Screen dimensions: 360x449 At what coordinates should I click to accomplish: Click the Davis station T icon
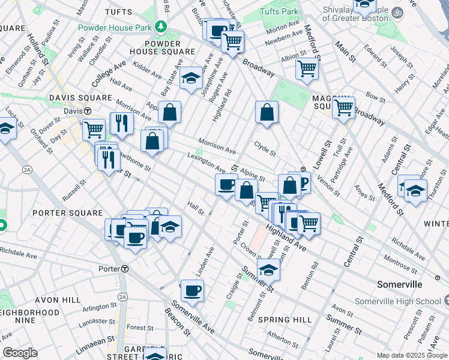[x=87, y=111]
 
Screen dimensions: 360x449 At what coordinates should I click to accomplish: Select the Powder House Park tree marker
[x=160, y=26]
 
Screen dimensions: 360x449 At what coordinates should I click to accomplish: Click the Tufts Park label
[x=279, y=12]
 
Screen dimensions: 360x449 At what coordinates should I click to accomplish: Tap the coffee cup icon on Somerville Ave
[x=192, y=291]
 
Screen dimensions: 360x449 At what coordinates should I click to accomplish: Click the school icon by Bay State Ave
[x=191, y=78]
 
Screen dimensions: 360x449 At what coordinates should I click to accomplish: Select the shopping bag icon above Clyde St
[x=267, y=112]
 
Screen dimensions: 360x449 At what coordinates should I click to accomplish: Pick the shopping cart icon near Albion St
[x=307, y=69]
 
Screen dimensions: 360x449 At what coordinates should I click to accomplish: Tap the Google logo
[x=20, y=353]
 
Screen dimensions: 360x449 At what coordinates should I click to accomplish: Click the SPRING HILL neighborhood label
[x=285, y=320]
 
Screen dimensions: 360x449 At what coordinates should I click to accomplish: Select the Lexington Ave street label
[x=206, y=162]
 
